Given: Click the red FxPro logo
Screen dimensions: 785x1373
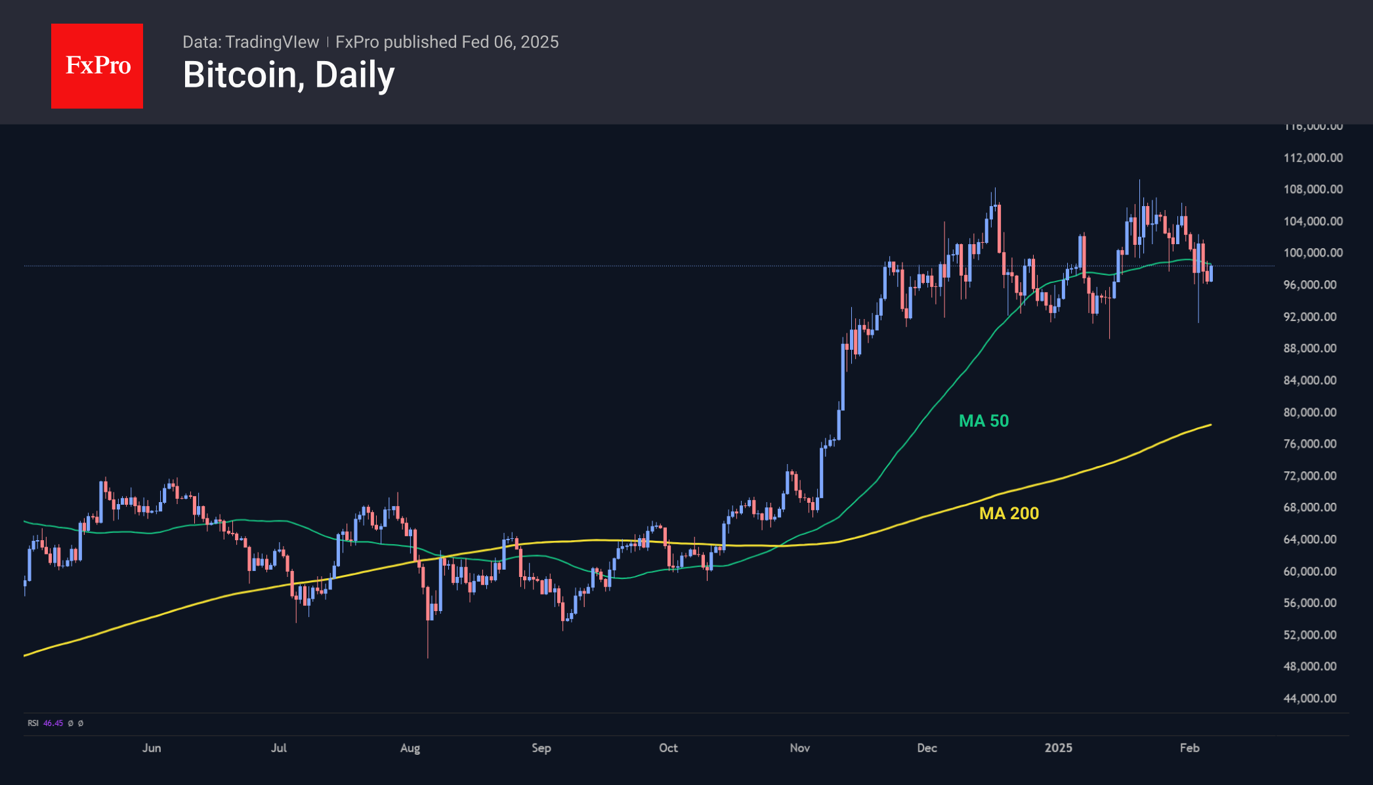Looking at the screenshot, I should [97, 66].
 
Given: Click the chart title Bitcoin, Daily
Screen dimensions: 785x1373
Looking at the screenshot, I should [289, 75].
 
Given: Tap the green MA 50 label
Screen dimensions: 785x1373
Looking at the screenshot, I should [983, 421].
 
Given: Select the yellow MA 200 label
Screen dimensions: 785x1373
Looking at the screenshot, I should [1009, 513].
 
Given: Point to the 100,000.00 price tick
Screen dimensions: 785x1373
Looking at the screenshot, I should [1313, 253].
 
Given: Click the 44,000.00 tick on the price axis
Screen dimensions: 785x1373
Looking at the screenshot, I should [1310, 698].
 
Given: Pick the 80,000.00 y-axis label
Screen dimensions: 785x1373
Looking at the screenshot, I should [1310, 412].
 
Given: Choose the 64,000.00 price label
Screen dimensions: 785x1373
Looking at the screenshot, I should [1310, 540].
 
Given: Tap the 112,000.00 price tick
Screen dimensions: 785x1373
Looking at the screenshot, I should [1313, 158].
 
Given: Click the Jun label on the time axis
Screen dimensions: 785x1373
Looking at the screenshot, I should [152, 748].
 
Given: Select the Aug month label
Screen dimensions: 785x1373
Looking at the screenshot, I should [410, 748].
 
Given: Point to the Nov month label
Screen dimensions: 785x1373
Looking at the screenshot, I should [800, 748].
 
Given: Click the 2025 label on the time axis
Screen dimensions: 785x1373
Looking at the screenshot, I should [1058, 748].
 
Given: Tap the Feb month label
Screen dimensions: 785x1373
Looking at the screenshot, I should [1189, 748].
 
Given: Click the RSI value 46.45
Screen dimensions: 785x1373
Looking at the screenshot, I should [53, 723].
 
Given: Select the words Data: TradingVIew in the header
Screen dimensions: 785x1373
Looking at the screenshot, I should [251, 42].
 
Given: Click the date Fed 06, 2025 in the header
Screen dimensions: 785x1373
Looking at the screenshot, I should [510, 42].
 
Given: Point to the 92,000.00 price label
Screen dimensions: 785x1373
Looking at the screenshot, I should [1310, 316].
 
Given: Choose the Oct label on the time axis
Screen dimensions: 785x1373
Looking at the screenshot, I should [668, 748].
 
